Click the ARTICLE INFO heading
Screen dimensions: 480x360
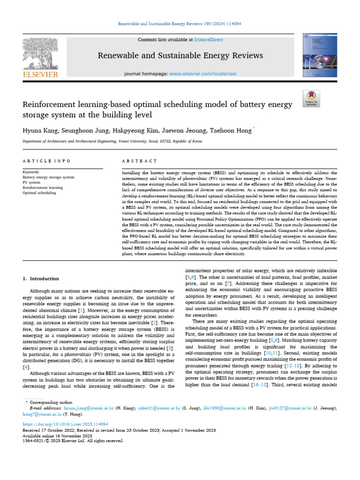(x=46, y=161)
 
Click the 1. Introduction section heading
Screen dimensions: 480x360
(x=41, y=278)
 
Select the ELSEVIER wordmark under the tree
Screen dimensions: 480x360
(x=40, y=74)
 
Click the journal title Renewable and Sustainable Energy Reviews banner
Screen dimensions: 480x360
(x=180, y=56)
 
